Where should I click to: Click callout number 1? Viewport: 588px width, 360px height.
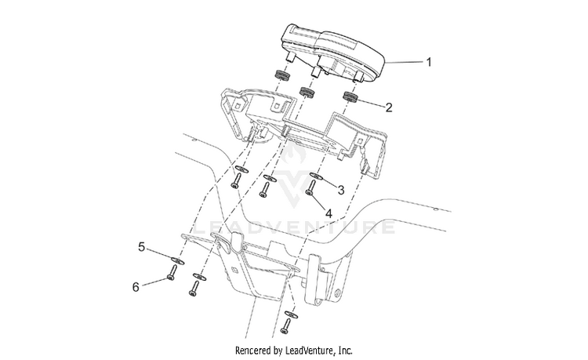point(429,62)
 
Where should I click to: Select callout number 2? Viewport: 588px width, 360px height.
point(389,107)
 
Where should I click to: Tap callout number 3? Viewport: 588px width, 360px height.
point(340,190)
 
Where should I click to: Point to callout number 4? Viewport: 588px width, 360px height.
point(328,214)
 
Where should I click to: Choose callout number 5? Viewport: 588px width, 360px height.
point(141,247)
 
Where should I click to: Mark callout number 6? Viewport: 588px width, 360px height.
point(136,287)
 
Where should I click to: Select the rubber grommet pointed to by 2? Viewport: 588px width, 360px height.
point(351,96)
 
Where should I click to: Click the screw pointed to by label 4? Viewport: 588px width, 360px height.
point(311,188)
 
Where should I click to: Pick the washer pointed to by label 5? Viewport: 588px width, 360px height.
point(177,260)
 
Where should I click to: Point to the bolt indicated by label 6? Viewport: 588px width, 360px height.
point(172,273)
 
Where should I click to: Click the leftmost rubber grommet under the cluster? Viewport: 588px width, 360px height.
point(283,75)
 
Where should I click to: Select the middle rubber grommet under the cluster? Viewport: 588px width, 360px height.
point(307,92)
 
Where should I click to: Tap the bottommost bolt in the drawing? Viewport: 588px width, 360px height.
point(286,326)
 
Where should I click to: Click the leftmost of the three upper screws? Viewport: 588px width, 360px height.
point(235,180)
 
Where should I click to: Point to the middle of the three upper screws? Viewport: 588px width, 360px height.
point(264,190)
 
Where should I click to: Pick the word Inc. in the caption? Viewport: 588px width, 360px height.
point(346,351)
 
